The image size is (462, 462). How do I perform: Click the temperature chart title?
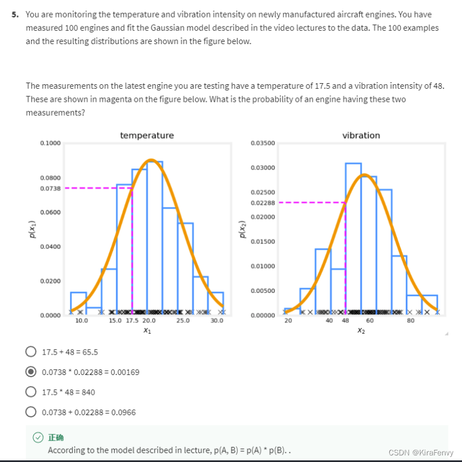click(x=147, y=135)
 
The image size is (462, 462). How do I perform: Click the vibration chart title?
click(x=361, y=135)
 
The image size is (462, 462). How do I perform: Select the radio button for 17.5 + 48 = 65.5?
click(x=31, y=352)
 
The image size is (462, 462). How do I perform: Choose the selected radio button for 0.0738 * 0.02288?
click(x=31, y=372)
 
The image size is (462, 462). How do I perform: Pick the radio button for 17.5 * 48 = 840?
click(x=31, y=392)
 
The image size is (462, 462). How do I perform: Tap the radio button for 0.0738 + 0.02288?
click(x=31, y=412)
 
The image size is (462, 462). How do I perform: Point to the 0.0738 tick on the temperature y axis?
click(x=50, y=188)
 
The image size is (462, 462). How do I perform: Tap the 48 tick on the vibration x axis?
click(x=345, y=320)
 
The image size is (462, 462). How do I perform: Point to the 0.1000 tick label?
click(x=50, y=143)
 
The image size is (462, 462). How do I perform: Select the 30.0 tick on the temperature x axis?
click(x=217, y=320)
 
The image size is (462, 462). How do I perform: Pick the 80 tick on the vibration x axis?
click(x=411, y=320)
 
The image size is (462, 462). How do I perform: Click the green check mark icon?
click(x=37, y=438)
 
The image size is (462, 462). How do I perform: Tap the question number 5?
click(x=15, y=14)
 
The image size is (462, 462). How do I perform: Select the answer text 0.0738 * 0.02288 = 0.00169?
click(x=90, y=372)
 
